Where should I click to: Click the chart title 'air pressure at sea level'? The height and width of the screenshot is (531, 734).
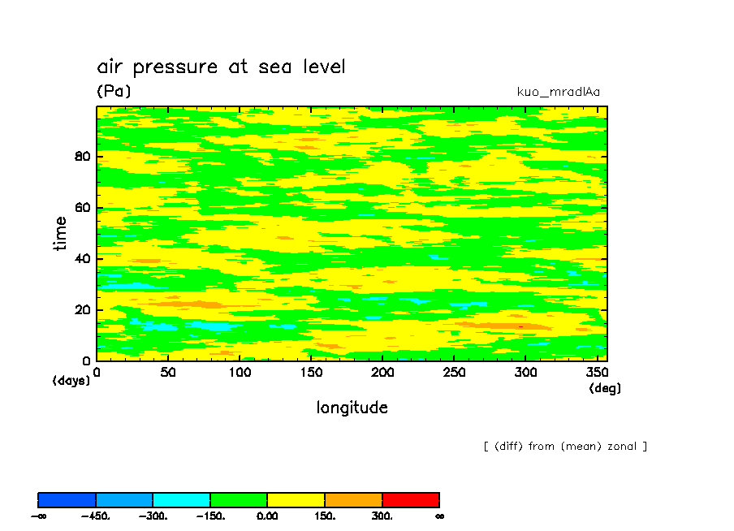221,67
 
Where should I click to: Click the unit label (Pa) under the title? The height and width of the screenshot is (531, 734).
114,91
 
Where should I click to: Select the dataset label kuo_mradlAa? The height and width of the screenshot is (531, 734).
558,92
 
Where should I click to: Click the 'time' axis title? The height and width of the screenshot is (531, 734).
60,234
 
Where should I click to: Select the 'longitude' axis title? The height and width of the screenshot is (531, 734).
352,408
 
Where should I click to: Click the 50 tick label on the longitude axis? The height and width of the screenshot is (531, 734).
167,373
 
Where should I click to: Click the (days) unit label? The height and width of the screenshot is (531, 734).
71,380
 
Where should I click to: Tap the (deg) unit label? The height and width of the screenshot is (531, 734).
605,388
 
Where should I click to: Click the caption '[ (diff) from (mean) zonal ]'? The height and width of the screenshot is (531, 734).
565,446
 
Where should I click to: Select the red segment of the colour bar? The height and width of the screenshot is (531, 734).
411,499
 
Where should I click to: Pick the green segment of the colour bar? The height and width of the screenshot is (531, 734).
239,499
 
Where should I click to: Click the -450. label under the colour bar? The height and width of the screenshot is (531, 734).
96,516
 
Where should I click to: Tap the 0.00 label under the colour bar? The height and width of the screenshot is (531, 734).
267,516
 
